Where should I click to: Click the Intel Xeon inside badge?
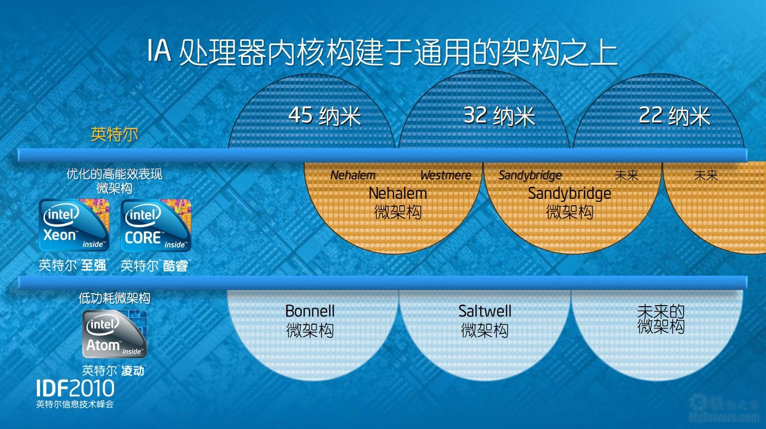pos(74,225)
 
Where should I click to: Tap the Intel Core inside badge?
pos(156,225)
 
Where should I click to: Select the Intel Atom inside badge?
pos(114,334)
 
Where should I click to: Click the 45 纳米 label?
pos(325,116)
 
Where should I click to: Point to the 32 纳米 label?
pos(499,116)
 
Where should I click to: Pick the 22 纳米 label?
pos(674,116)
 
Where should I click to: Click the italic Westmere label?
pos(445,175)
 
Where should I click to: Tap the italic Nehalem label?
pos(353,175)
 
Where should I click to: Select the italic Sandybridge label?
pos(530,175)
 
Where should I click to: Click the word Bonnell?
pos(310,311)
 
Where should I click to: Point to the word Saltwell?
pos(485,311)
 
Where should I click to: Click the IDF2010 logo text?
pos(75,389)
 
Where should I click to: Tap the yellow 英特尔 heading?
pos(114,134)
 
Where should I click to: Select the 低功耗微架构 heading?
pos(114,298)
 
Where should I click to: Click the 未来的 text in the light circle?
pos(661,311)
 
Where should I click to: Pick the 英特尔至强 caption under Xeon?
pos(73,265)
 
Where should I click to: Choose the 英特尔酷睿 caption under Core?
pos(155,265)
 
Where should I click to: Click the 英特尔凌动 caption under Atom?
pos(114,371)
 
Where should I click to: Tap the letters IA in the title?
pos(159,52)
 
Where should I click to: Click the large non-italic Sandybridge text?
pos(569,193)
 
